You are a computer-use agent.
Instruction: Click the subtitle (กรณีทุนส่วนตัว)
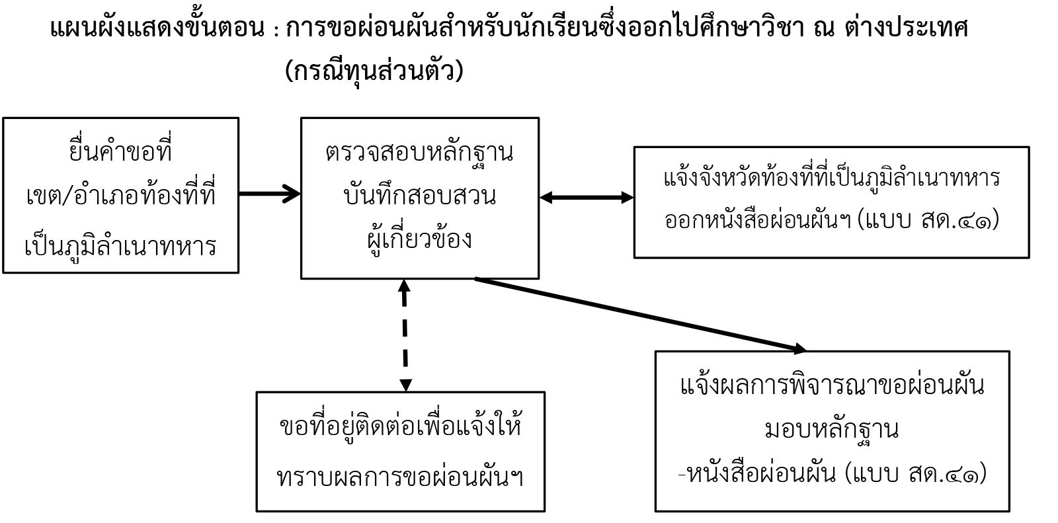374,71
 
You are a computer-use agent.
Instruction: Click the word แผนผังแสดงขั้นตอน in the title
157,28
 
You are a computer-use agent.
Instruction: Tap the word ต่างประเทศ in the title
905,27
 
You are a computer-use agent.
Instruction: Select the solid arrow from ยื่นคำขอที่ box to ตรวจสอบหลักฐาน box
270,194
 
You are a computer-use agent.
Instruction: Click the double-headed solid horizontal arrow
586,198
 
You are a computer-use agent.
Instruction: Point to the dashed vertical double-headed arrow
405,335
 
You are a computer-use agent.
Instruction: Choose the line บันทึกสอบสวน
419,194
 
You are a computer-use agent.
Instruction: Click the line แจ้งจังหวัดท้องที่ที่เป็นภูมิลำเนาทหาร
832,178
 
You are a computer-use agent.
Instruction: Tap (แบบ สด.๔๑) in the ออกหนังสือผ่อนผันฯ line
928,220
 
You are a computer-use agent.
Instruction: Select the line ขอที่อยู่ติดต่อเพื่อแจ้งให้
401,425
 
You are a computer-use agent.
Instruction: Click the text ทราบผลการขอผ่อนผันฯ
400,476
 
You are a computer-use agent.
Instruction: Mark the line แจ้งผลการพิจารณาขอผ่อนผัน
833,385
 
